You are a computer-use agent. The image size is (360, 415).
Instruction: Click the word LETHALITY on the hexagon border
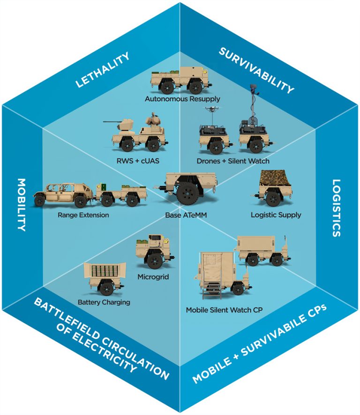(x=102, y=71)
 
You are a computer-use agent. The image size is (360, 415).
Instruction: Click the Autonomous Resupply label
(x=182, y=99)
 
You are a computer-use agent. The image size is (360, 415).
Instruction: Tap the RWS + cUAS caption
(x=135, y=161)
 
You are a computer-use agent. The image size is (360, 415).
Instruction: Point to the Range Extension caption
(x=83, y=215)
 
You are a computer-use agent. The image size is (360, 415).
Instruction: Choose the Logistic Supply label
(x=276, y=215)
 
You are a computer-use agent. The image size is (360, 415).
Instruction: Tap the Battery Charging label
(x=104, y=302)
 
